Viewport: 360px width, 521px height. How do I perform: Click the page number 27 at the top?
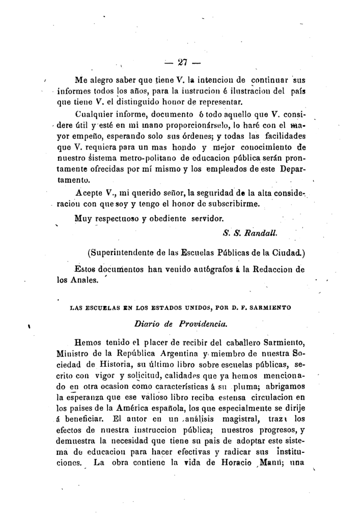[183, 63]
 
